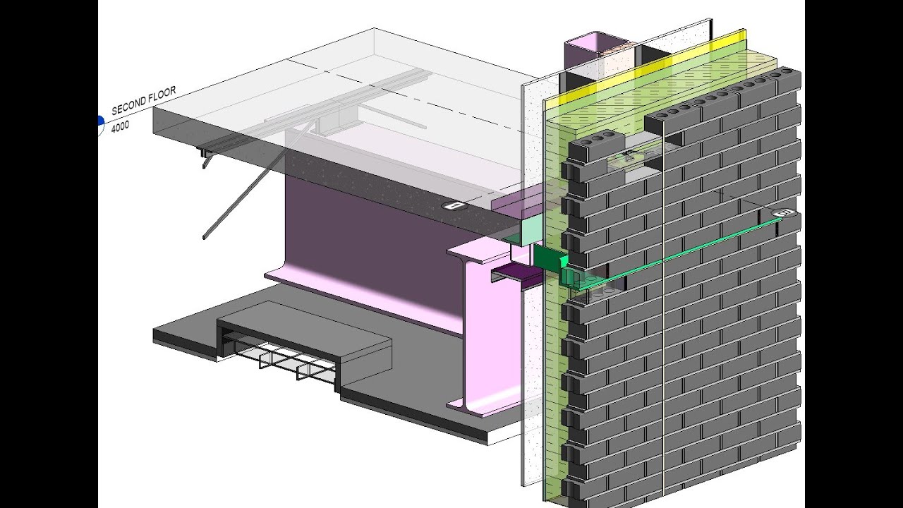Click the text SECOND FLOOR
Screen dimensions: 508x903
143,100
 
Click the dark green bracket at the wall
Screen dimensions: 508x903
548,259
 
